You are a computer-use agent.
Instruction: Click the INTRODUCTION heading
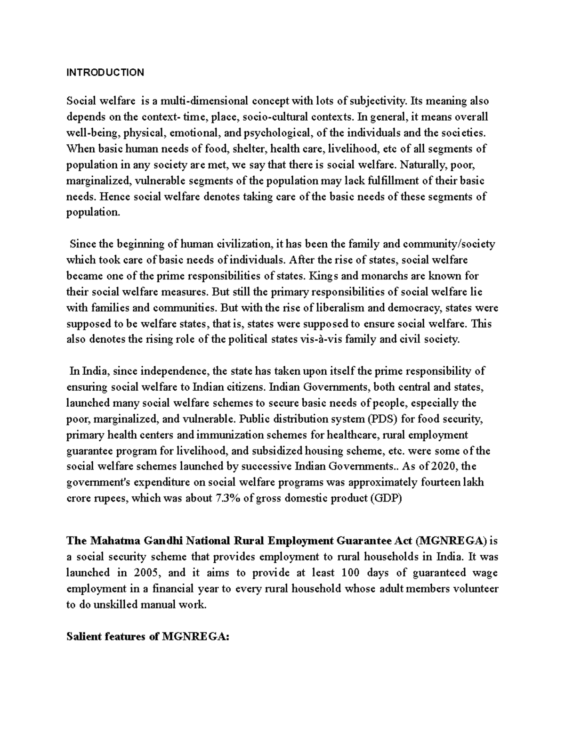click(x=105, y=73)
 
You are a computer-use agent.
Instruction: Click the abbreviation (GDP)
click(x=387, y=499)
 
